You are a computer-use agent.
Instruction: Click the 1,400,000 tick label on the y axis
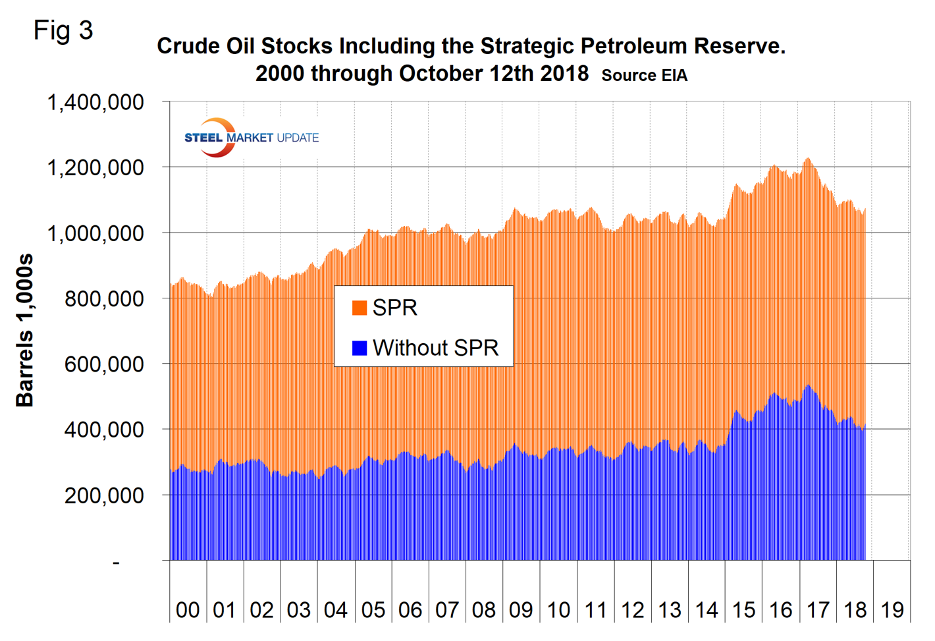click(x=95, y=103)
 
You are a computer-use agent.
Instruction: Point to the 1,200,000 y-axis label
click(x=95, y=168)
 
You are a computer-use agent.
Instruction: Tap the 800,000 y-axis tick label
click(x=103, y=299)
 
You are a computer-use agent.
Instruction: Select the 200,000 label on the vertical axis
click(x=103, y=495)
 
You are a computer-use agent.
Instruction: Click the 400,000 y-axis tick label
click(x=103, y=430)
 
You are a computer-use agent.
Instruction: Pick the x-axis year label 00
click(x=188, y=610)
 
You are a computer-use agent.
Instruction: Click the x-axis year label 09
click(x=521, y=610)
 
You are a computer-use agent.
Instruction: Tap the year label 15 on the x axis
click(x=743, y=610)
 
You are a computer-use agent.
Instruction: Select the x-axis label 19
click(x=892, y=610)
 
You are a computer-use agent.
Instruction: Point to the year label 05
click(x=373, y=610)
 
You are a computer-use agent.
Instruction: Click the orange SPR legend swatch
click(x=360, y=308)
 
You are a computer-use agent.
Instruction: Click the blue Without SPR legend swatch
click(x=360, y=348)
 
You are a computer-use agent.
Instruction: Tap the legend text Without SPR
click(x=435, y=348)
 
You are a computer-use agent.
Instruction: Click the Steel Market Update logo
click(x=251, y=138)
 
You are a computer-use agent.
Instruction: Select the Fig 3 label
click(x=63, y=30)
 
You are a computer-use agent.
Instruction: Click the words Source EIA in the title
click(x=644, y=76)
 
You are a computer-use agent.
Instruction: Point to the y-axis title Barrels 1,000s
click(x=24, y=330)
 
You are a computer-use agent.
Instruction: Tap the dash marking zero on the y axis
click(x=117, y=563)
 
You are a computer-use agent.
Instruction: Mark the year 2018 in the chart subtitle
click(x=564, y=73)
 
